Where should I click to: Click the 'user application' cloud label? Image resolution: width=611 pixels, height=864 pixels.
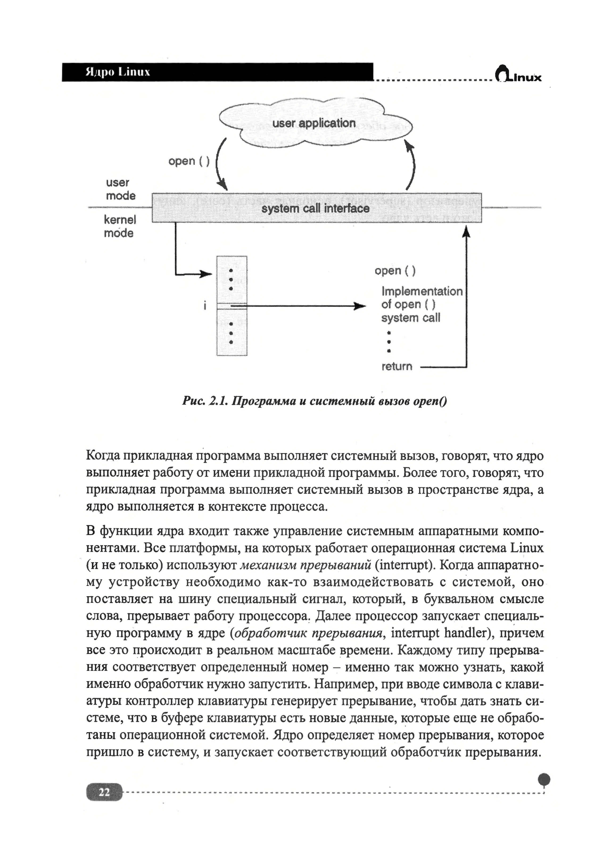point(314,123)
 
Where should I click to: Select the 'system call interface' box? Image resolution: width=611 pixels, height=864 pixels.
point(316,208)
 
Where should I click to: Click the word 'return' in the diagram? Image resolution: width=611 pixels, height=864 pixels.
point(397,366)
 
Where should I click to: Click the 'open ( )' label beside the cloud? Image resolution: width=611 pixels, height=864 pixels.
point(189,161)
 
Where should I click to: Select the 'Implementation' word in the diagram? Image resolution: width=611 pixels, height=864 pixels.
point(422,291)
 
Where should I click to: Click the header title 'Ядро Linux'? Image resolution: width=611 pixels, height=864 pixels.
point(118,72)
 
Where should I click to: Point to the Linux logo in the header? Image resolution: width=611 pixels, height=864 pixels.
point(518,74)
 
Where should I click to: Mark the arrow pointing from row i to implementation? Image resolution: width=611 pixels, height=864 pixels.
point(301,306)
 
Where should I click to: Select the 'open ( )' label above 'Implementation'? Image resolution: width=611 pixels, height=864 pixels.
point(395,271)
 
